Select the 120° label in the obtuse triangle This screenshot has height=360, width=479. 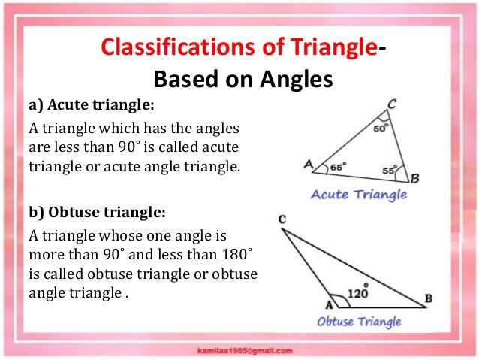360,294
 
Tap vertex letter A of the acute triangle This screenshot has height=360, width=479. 308,163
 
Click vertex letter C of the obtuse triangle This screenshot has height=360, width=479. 281,219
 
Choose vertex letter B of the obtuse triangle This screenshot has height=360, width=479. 428,299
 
